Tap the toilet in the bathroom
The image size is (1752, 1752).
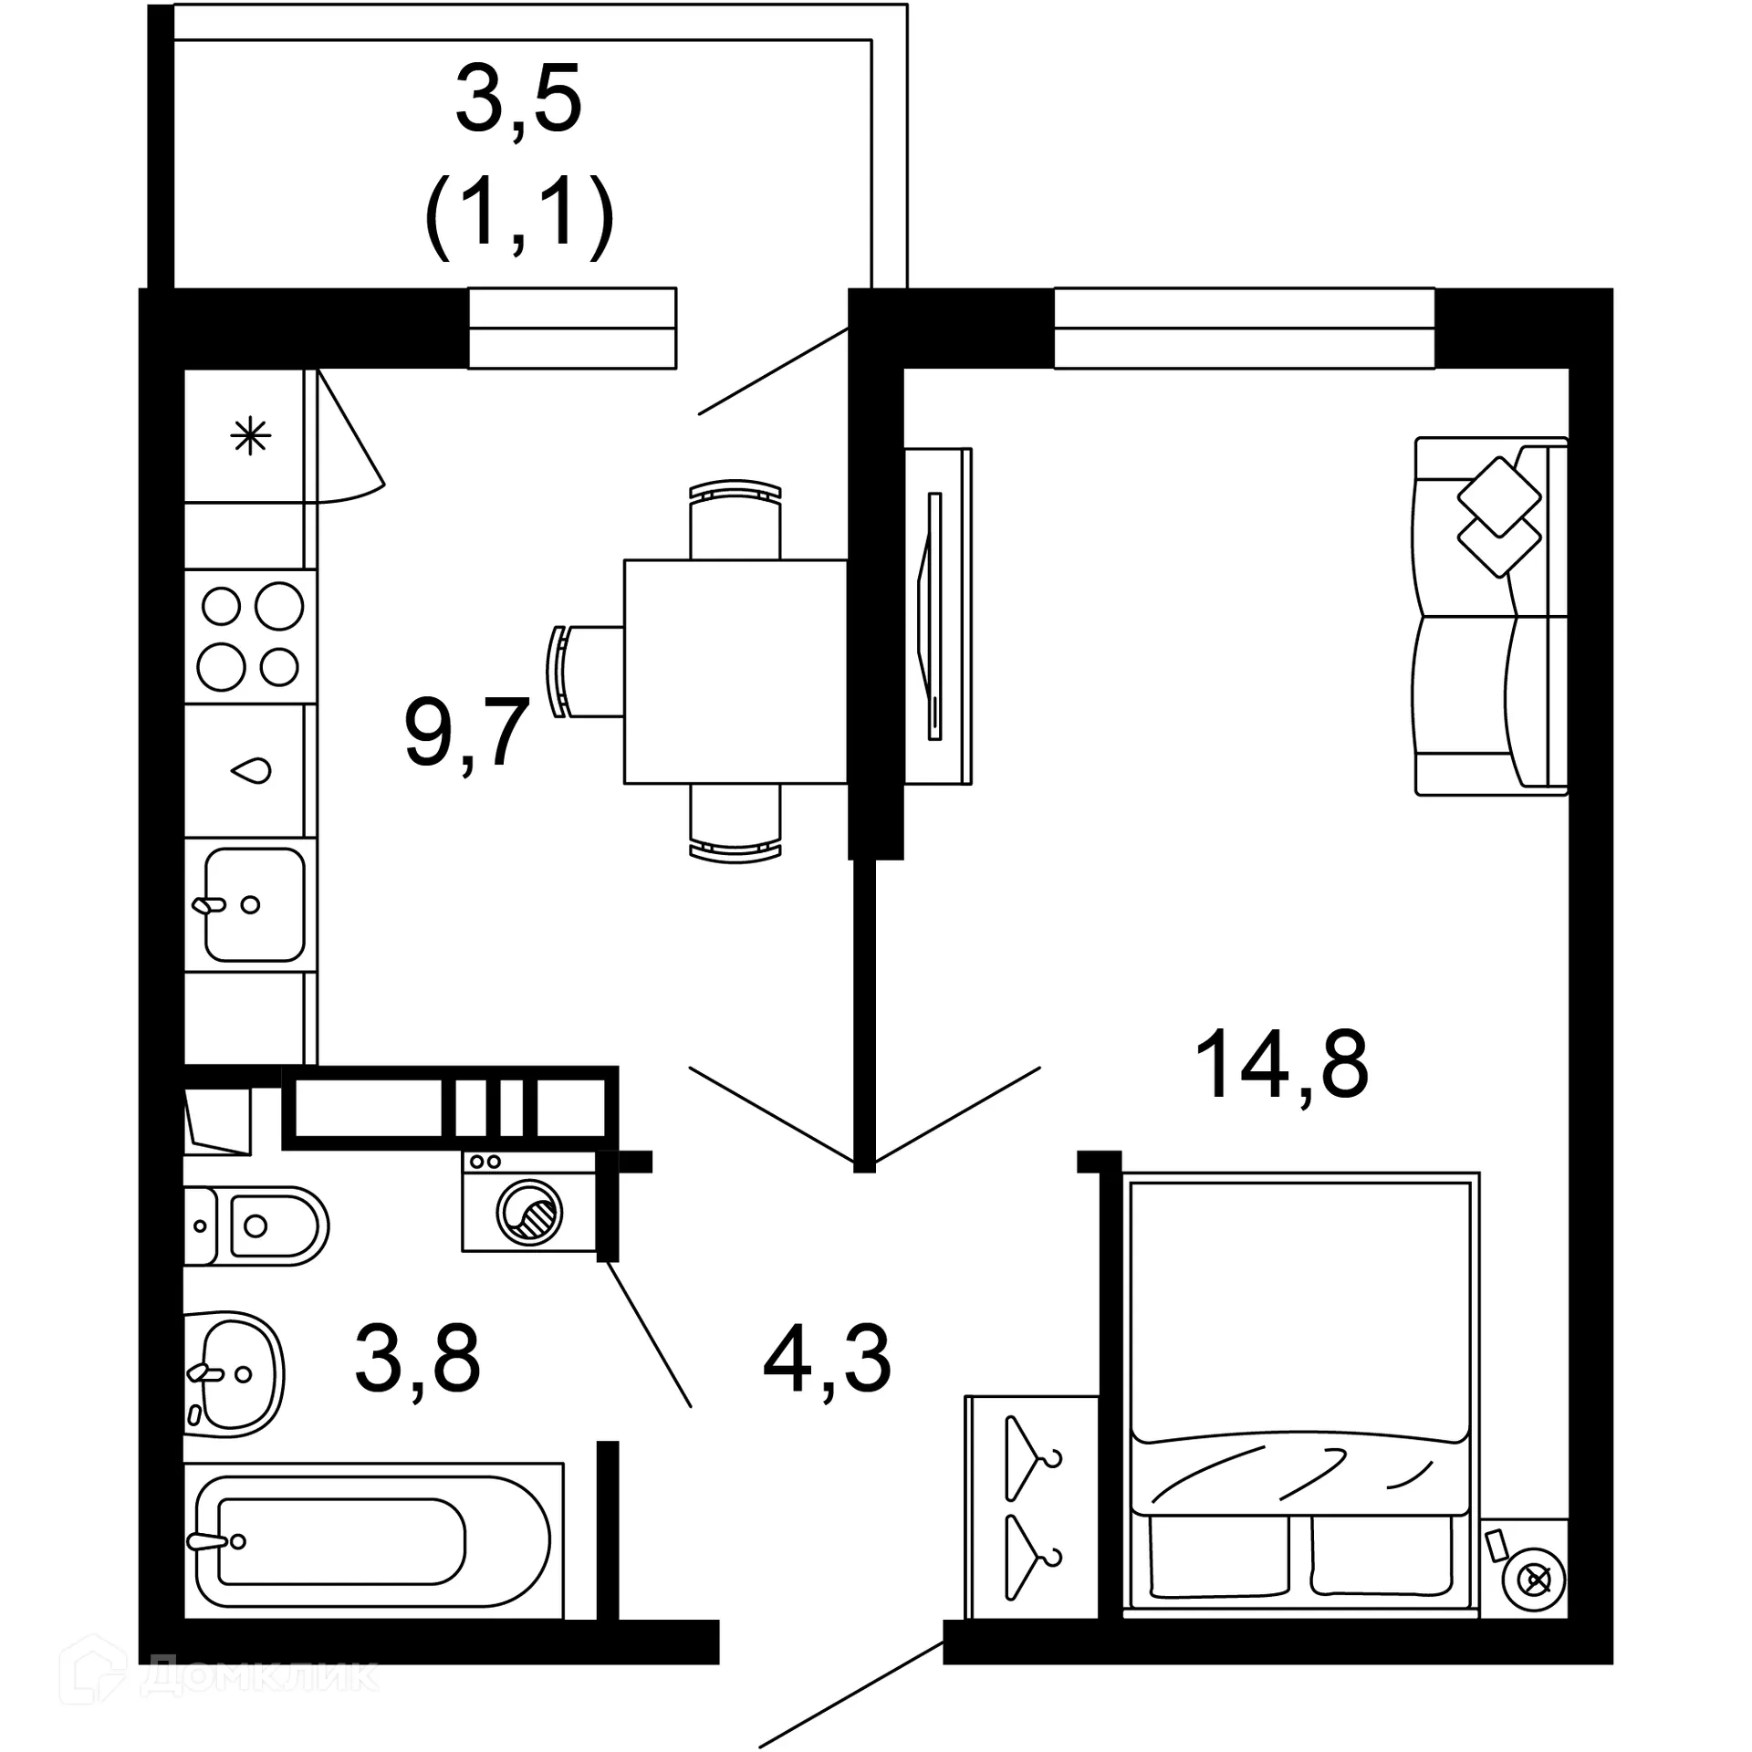pyautogui.click(x=260, y=1225)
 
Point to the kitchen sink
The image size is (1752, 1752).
pyautogui.click(x=253, y=905)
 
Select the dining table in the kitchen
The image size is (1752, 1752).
pyautogui.click(x=735, y=672)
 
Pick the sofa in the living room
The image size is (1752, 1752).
pyautogui.click(x=1490, y=616)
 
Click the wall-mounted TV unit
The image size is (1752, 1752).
pyautogui.click(x=937, y=616)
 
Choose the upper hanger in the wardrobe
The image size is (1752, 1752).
pyautogui.click(x=1032, y=1456)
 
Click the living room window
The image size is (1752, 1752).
pyautogui.click(x=1244, y=328)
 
